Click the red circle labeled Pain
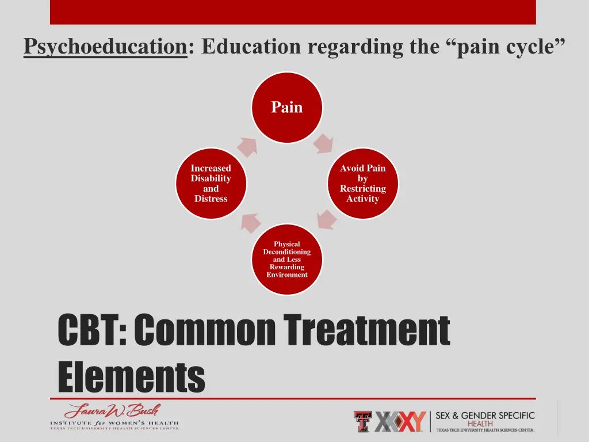tap(286, 108)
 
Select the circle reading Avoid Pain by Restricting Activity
tap(362, 184)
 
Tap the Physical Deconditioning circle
tap(286, 260)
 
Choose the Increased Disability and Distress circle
tap(211, 184)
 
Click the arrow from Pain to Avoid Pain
tap(323, 144)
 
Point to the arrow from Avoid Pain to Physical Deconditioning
tap(326, 219)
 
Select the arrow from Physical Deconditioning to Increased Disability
tap(248, 221)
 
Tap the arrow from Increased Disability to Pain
tap(247, 146)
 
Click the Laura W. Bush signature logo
tap(113, 411)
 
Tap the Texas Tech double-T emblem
tap(362, 421)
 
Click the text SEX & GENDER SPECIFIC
tap(485, 416)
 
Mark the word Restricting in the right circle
tap(362, 189)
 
